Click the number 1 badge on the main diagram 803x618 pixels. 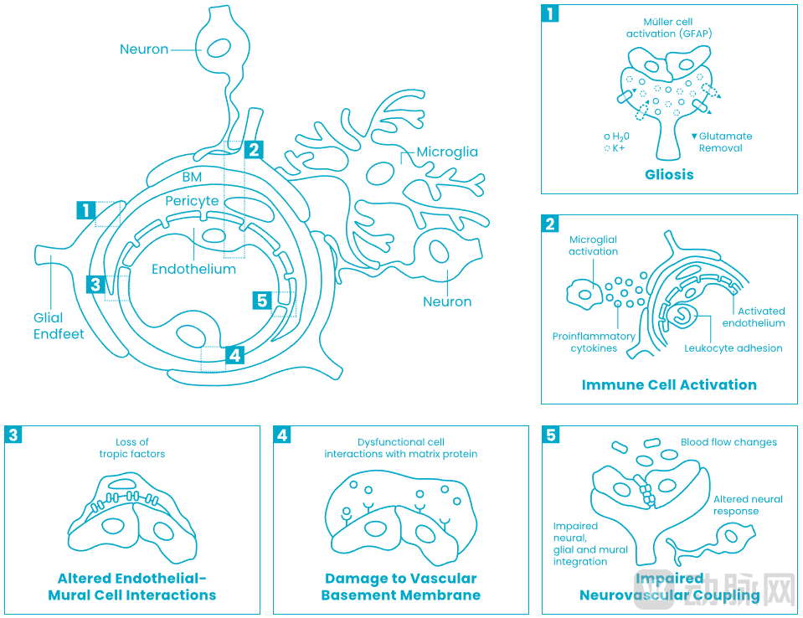point(86,210)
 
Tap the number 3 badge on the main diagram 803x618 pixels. point(96,285)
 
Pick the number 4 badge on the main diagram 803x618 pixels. point(235,355)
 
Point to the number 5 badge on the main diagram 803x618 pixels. point(262,300)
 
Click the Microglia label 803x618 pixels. point(447,152)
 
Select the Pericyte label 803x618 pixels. point(192,201)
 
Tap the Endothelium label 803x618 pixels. point(193,270)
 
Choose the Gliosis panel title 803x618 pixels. point(669,175)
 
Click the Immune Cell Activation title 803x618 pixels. point(669,385)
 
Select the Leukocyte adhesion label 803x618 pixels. point(733,348)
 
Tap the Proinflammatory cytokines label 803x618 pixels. point(594,342)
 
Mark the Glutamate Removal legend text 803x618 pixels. point(725,142)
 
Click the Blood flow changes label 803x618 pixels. point(728,442)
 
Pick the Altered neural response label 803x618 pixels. point(748,505)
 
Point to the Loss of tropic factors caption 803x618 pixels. point(132,448)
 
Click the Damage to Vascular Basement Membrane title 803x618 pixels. point(400,587)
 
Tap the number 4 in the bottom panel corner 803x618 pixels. point(283,435)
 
